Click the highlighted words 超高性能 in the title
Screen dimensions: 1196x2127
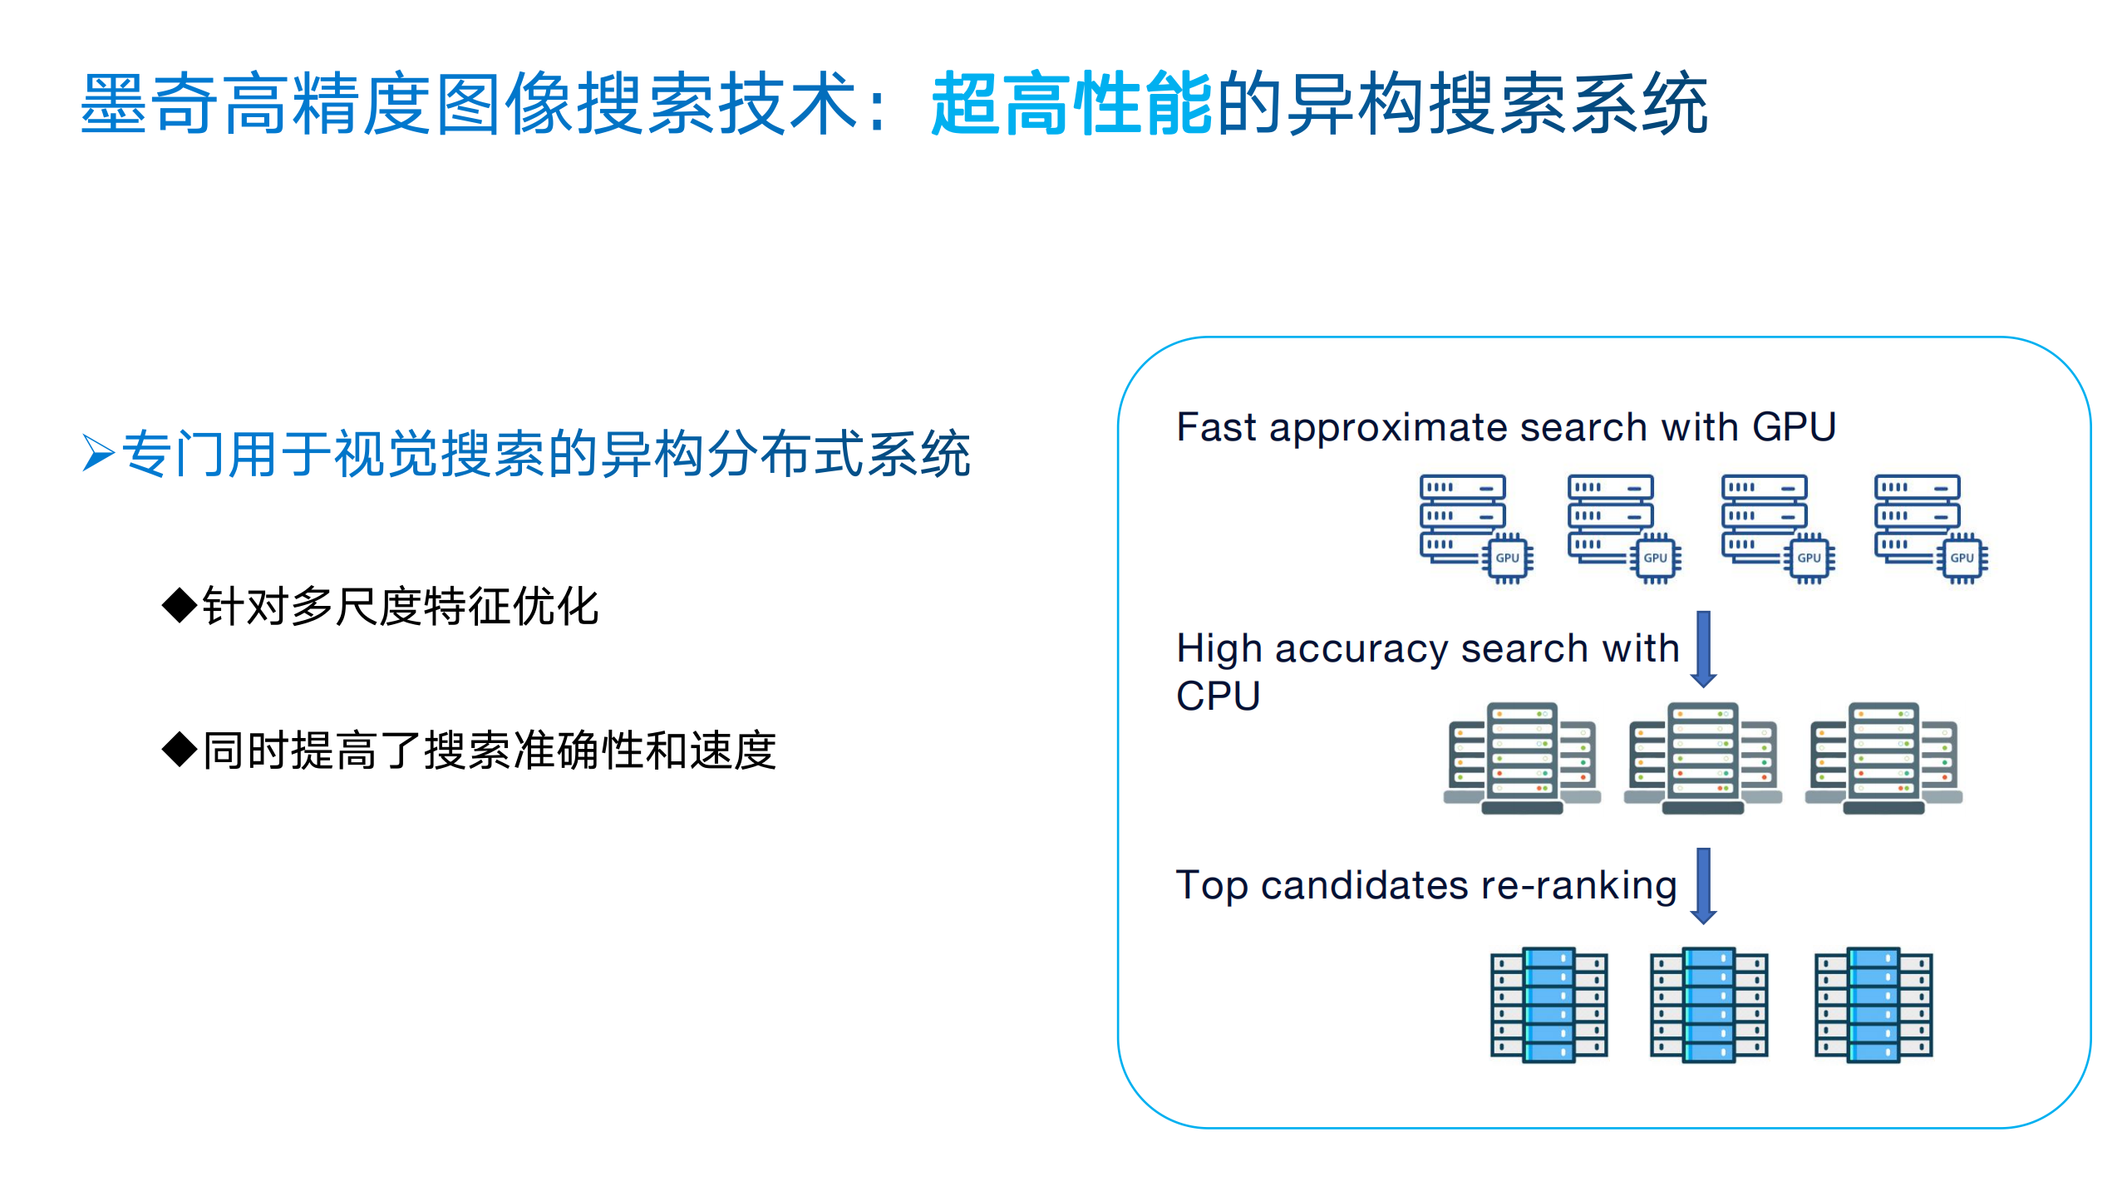(x=1071, y=104)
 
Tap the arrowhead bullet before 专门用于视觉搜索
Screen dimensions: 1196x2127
(x=98, y=453)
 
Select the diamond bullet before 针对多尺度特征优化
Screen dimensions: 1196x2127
(x=179, y=605)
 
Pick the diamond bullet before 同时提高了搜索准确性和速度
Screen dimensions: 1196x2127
(x=179, y=750)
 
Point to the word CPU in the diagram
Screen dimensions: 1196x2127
(x=1218, y=696)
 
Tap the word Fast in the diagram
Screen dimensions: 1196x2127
(x=1217, y=427)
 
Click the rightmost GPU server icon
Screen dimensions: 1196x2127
(x=1929, y=529)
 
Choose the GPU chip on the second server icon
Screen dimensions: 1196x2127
(x=1655, y=558)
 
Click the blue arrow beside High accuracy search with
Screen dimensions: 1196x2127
(x=1703, y=649)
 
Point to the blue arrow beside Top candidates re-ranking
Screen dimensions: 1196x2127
(x=1703, y=885)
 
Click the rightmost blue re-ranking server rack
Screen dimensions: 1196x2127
(x=1873, y=1004)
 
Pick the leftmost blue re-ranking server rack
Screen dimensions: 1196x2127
(x=1548, y=1004)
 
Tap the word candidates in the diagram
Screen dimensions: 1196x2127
(x=1364, y=885)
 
